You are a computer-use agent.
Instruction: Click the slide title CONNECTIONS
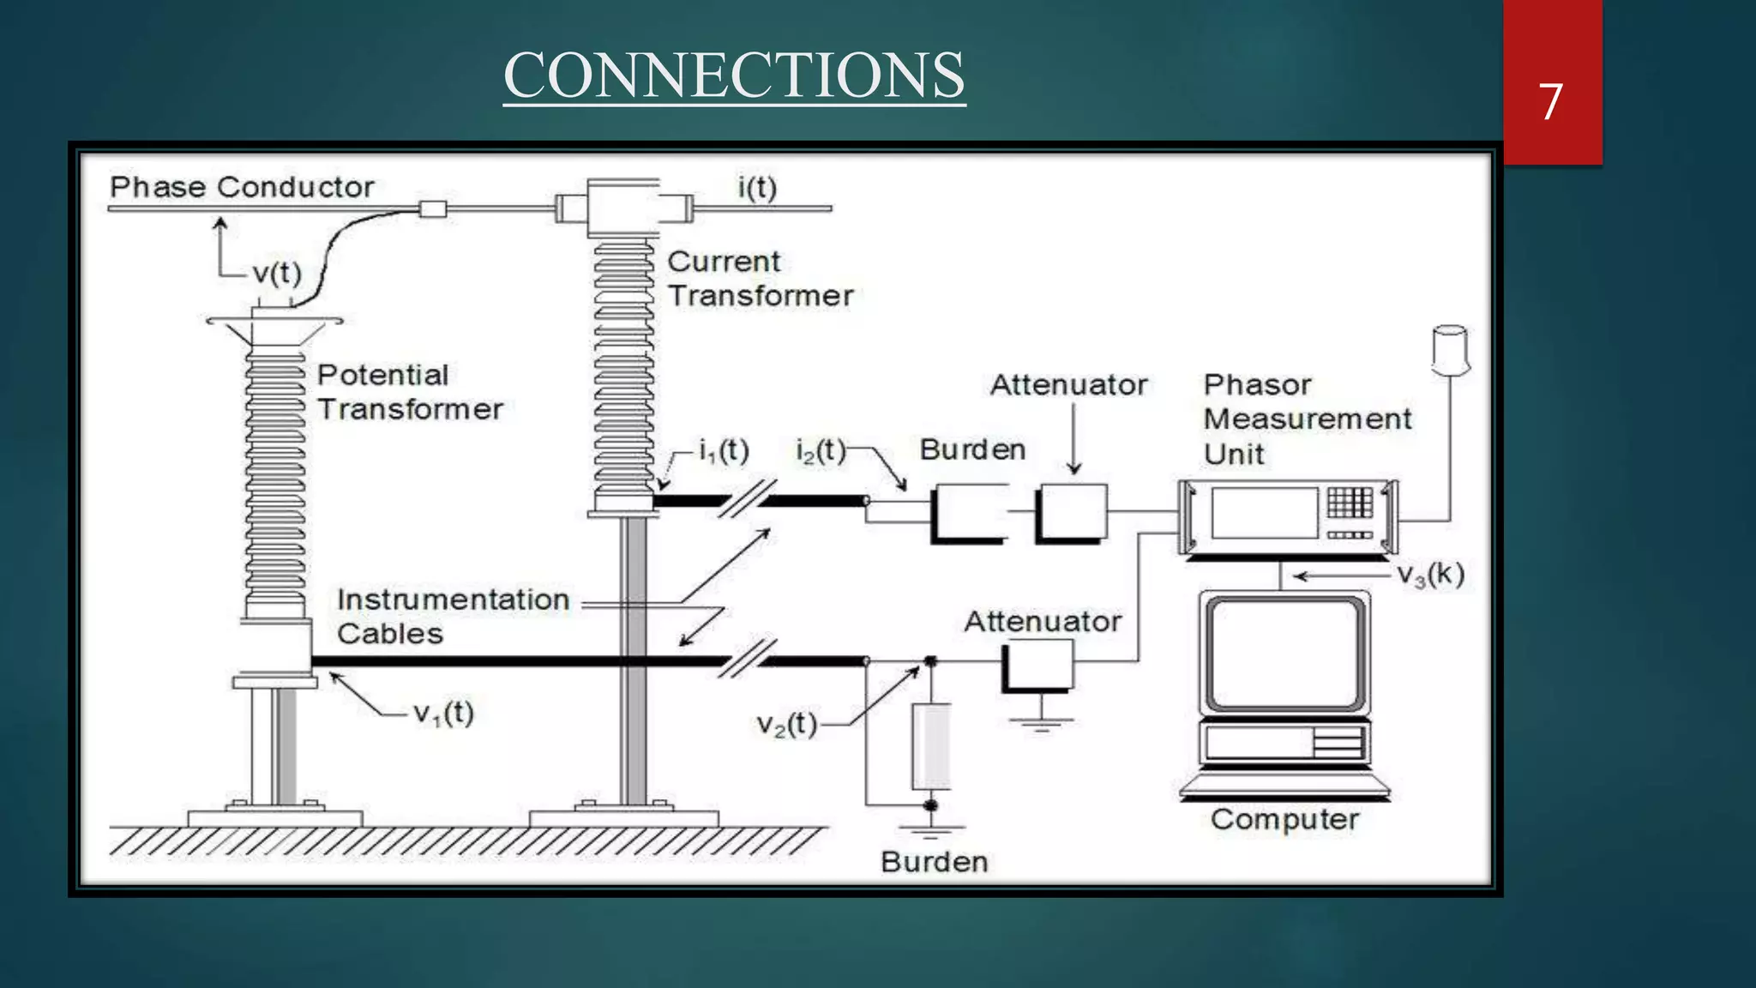point(734,75)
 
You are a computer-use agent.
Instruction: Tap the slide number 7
point(1550,101)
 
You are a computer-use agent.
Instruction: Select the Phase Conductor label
point(242,187)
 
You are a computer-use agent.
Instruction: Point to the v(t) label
point(277,274)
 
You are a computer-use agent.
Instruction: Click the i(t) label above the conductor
point(757,187)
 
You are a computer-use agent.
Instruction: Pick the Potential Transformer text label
point(409,392)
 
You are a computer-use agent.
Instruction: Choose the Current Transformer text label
point(760,279)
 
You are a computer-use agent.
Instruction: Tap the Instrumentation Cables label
point(453,617)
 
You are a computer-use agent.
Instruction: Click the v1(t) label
point(443,713)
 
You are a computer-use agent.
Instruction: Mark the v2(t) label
point(786,725)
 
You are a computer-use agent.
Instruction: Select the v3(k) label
point(1430,575)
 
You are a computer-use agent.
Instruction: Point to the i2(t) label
point(821,450)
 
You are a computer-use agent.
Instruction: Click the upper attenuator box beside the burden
point(1072,513)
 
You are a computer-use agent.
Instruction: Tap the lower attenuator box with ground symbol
point(1038,665)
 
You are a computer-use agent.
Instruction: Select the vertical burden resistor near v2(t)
point(930,746)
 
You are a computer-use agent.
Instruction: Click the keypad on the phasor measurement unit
point(1350,503)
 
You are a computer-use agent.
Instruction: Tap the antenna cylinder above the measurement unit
point(1450,350)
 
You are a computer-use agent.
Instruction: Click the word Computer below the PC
point(1284,820)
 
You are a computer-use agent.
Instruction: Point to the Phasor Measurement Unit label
point(1306,419)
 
